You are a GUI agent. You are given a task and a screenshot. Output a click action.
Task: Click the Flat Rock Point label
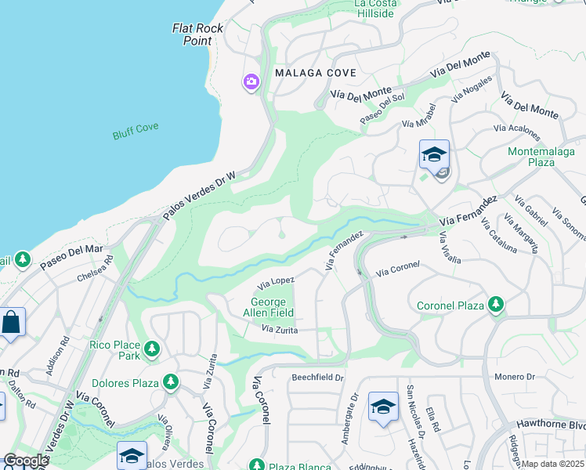[198, 34]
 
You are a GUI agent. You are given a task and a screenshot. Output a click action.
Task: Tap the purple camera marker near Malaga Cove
[251, 81]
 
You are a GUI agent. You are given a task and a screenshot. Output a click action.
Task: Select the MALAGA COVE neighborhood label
[316, 73]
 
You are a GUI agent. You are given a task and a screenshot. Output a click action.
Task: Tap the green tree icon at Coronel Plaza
[495, 303]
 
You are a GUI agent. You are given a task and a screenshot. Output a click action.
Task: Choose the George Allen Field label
[272, 307]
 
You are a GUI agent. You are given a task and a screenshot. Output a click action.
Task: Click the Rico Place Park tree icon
[152, 349]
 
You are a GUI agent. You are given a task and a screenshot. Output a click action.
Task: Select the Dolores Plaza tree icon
[170, 383]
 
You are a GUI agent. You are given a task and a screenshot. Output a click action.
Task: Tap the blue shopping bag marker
[12, 322]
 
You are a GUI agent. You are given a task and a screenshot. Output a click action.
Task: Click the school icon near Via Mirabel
[434, 154]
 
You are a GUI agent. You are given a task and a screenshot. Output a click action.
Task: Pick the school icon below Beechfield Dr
[383, 406]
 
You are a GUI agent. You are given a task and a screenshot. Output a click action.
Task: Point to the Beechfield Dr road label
[318, 378]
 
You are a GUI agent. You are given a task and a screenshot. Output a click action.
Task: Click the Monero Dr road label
[514, 377]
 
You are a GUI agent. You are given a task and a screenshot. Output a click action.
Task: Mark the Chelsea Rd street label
[95, 268]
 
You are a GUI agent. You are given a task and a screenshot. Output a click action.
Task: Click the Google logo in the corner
[25, 461]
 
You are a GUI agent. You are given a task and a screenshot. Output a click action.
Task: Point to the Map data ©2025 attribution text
[553, 464]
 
